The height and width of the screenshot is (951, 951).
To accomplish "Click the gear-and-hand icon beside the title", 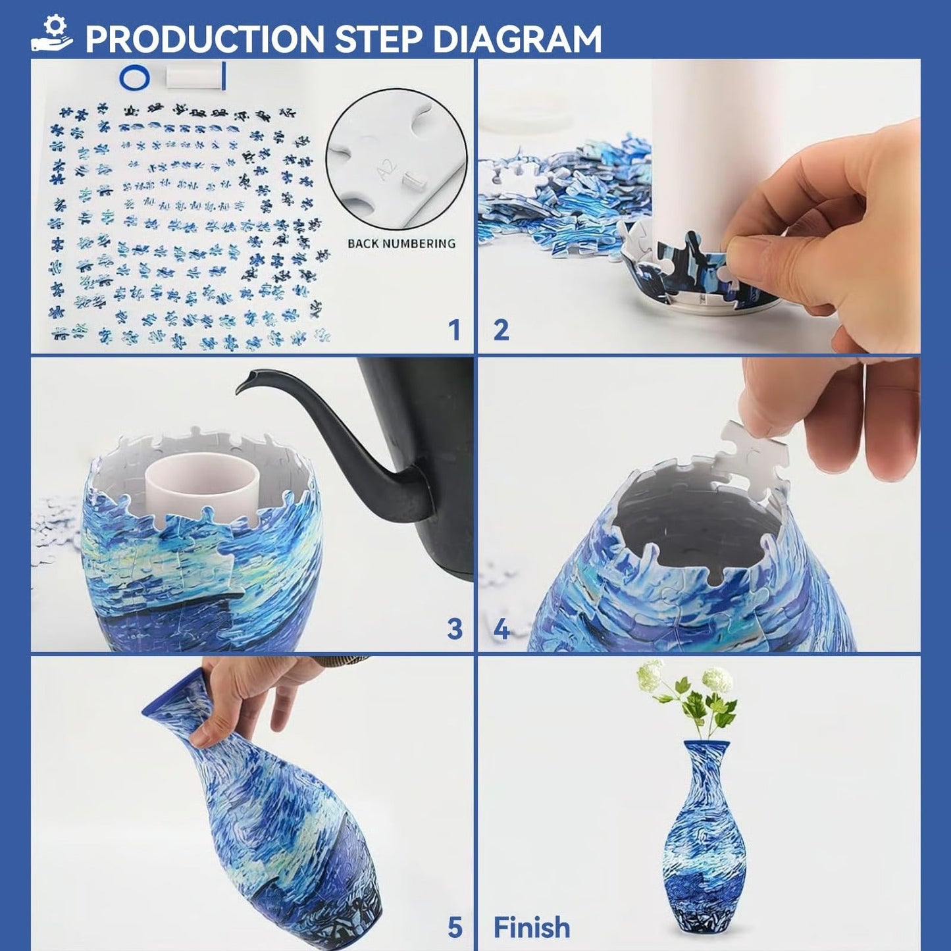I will click(52, 34).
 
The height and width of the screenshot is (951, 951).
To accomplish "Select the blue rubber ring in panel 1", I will click(134, 78).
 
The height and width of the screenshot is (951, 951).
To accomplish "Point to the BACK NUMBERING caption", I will click(401, 244).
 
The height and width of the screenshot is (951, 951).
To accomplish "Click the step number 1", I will click(454, 330).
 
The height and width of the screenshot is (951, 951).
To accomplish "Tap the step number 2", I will click(501, 330).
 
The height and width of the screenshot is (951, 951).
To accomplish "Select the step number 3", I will click(454, 629).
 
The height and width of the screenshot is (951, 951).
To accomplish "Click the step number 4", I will click(501, 629).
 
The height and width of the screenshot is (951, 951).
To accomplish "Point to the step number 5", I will click(455, 928).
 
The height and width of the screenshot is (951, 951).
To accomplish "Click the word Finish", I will click(532, 928).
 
